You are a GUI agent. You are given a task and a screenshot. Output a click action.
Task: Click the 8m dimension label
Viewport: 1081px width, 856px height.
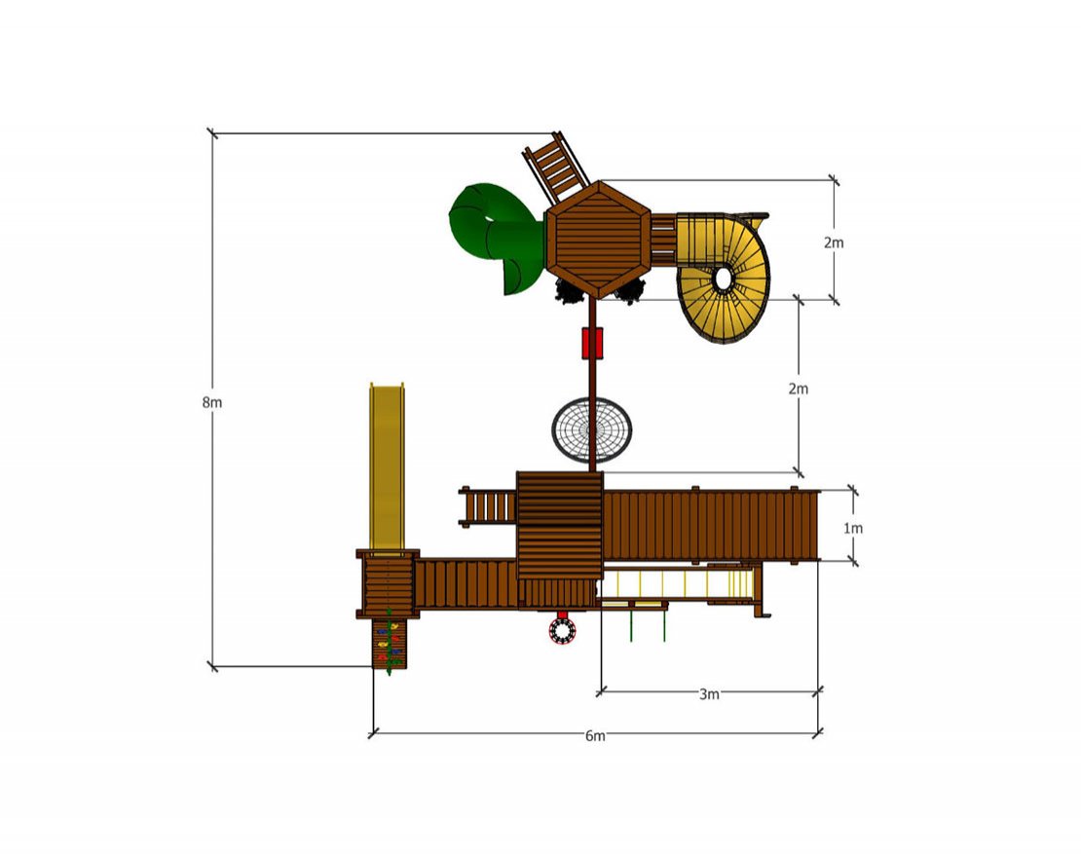click(x=212, y=402)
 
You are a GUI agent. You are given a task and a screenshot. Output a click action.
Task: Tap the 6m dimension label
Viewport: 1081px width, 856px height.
click(x=595, y=736)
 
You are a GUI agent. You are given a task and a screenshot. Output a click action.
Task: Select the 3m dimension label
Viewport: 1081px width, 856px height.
click(x=709, y=694)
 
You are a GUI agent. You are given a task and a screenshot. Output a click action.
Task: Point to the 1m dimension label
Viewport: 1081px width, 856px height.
click(x=853, y=529)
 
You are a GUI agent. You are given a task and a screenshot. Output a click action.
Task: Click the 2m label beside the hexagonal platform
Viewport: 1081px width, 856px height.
click(x=834, y=242)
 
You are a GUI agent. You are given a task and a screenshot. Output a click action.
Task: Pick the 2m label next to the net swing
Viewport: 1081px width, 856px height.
click(x=799, y=389)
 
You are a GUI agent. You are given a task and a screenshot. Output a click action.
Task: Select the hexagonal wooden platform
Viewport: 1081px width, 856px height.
click(x=598, y=240)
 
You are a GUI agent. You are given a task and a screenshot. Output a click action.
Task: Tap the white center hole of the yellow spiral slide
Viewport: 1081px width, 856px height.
click(x=724, y=279)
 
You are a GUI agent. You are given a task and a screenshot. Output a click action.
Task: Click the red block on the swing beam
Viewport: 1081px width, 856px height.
click(x=592, y=343)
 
